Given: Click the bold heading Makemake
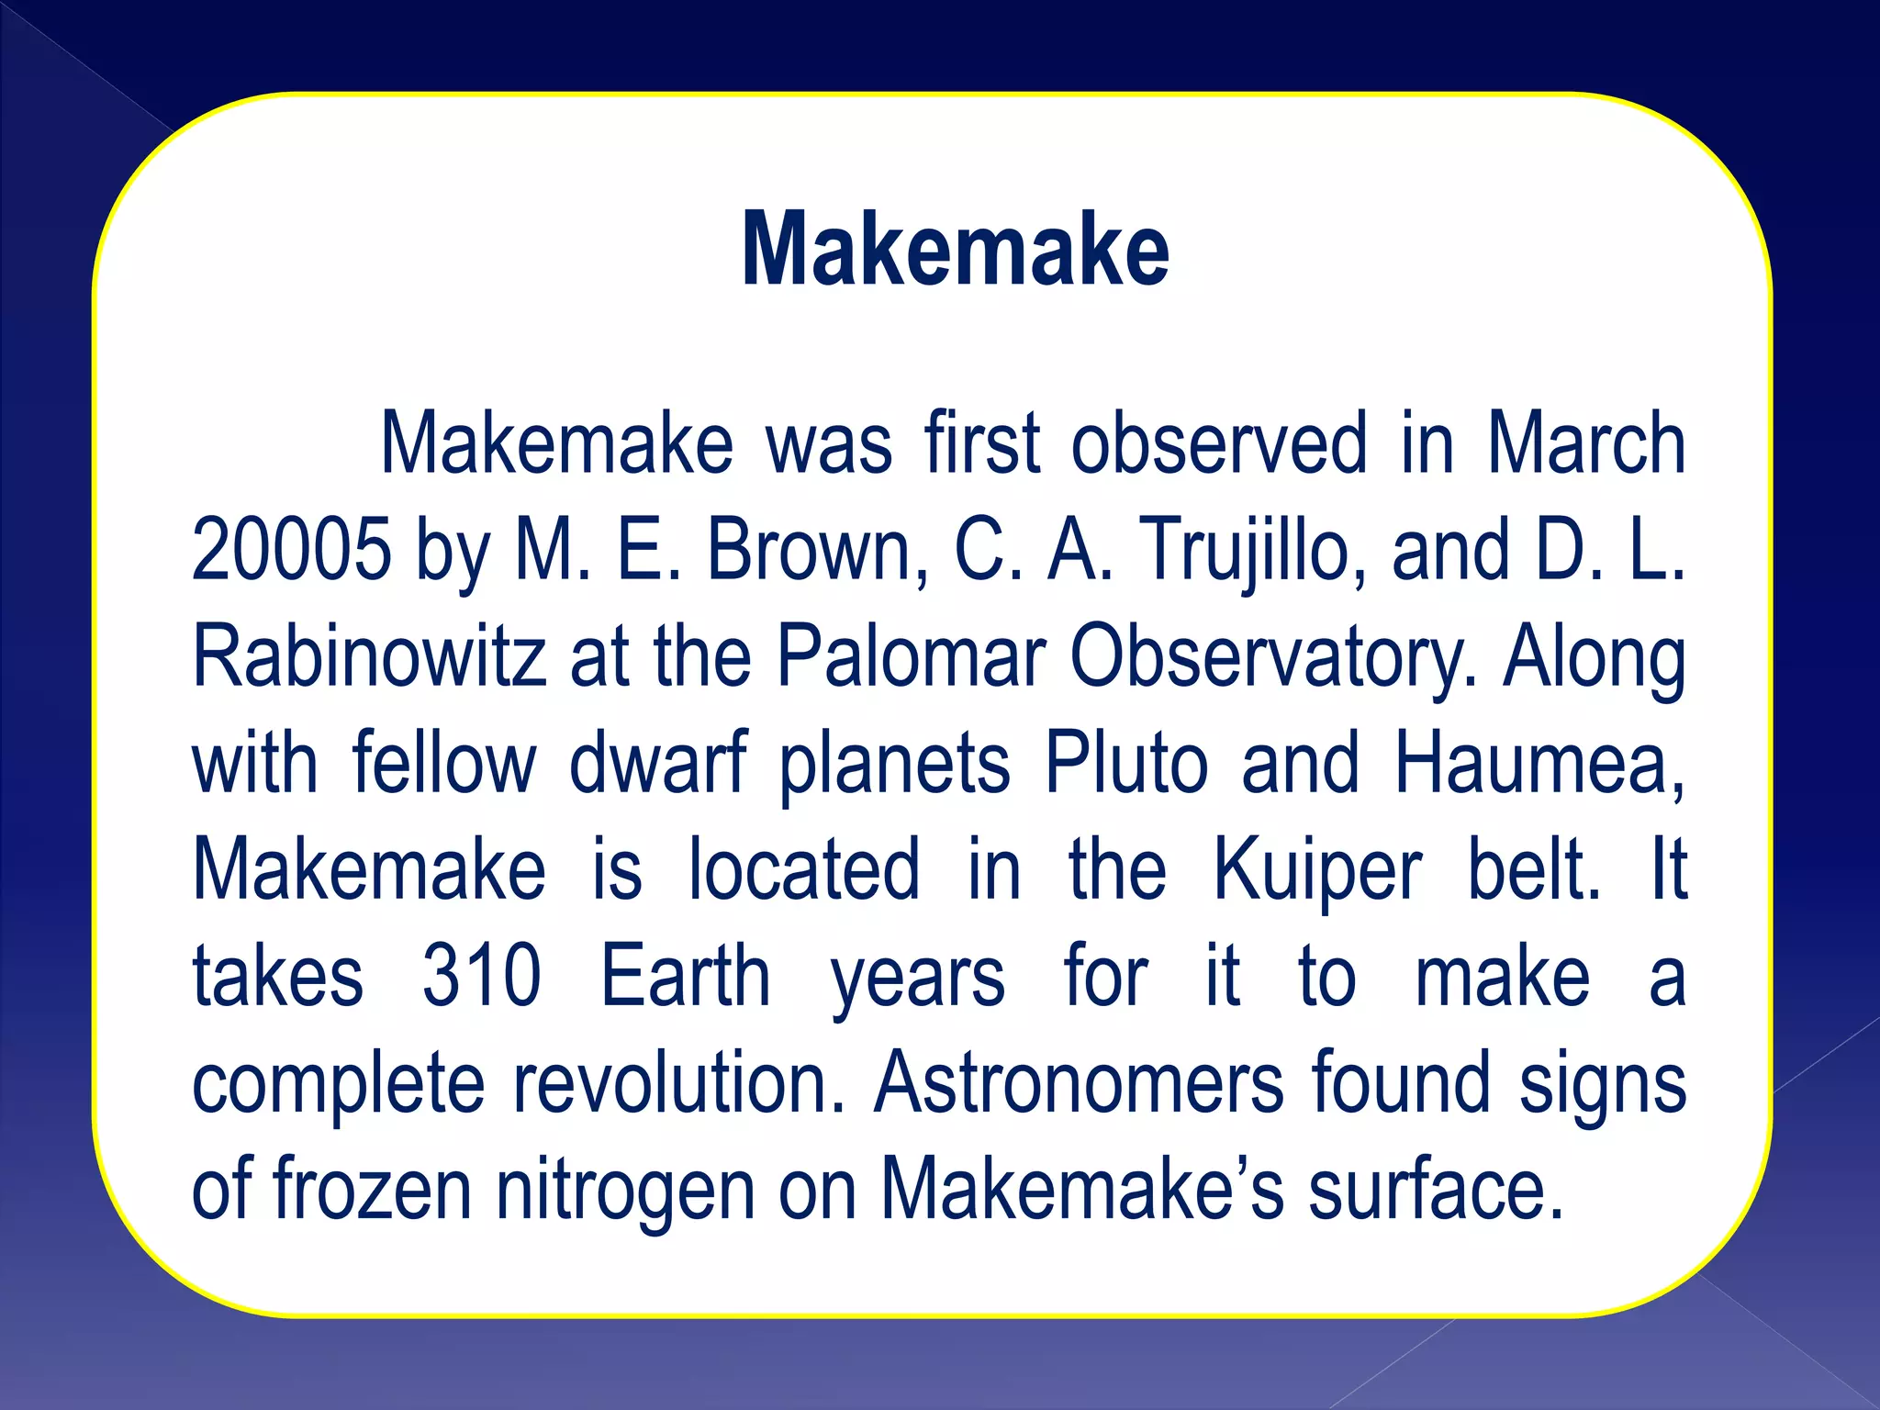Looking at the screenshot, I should tap(955, 250).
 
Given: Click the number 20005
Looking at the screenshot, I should tap(291, 550).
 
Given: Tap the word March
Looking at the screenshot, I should tap(1585, 443).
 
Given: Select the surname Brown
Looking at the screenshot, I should tap(816, 550).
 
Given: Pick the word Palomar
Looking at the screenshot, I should tap(912, 656).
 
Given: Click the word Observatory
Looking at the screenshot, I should tap(1273, 658).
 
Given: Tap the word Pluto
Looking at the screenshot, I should tap(1126, 763).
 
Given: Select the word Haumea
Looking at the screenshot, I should tap(1539, 763).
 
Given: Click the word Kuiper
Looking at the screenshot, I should tap(1316, 871).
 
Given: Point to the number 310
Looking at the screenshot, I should tap(481, 976).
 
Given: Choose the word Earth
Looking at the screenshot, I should tap(685, 976).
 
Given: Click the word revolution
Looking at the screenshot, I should tap(677, 1083).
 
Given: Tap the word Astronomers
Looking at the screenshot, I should tap(1079, 1083).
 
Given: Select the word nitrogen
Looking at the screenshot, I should tap(626, 1191).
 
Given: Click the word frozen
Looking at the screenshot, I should tap(373, 1191).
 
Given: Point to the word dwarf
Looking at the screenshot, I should tap(658, 763).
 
